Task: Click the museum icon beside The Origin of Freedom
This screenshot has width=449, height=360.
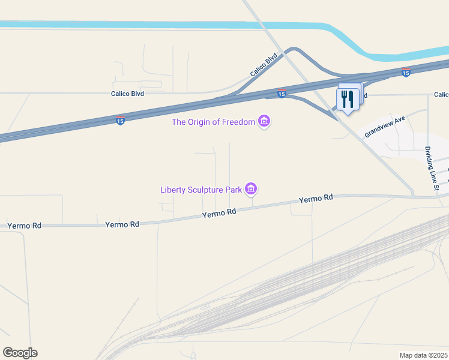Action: click(x=264, y=122)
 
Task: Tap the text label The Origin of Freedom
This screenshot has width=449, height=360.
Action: click(x=213, y=122)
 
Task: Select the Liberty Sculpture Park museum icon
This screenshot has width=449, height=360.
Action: click(x=251, y=190)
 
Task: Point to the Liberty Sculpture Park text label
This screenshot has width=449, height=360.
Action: click(x=200, y=190)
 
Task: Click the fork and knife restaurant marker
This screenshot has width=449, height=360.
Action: click(x=347, y=99)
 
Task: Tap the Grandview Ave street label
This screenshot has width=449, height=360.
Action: click(x=385, y=127)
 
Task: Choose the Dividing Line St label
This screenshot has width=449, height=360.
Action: click(x=432, y=169)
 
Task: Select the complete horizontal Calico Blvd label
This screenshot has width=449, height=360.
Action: click(x=127, y=94)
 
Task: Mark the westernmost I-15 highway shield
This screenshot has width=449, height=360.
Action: click(x=121, y=120)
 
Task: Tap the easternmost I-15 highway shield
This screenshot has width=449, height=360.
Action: click(x=406, y=73)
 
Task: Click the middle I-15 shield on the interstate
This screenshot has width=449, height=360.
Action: click(x=282, y=94)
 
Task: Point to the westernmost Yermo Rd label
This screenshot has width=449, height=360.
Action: click(x=25, y=226)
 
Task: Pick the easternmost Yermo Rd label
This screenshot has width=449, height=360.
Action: click(x=316, y=199)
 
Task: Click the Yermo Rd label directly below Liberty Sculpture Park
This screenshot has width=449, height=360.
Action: click(x=219, y=213)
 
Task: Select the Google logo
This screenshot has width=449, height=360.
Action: click(x=20, y=353)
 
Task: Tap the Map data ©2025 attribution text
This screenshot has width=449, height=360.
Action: click(x=424, y=355)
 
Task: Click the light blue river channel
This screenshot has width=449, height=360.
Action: click(x=180, y=25)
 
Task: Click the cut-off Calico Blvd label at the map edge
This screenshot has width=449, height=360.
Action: click(x=441, y=95)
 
